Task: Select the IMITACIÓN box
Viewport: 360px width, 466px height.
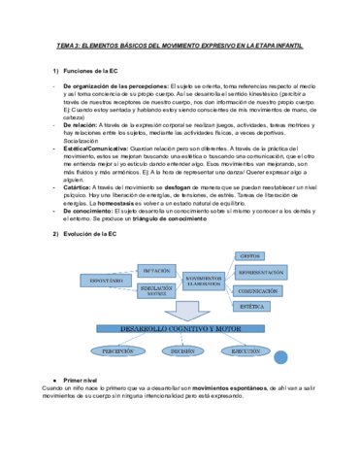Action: (156, 269)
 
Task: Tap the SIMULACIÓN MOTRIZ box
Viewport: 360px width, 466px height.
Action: (156, 289)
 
